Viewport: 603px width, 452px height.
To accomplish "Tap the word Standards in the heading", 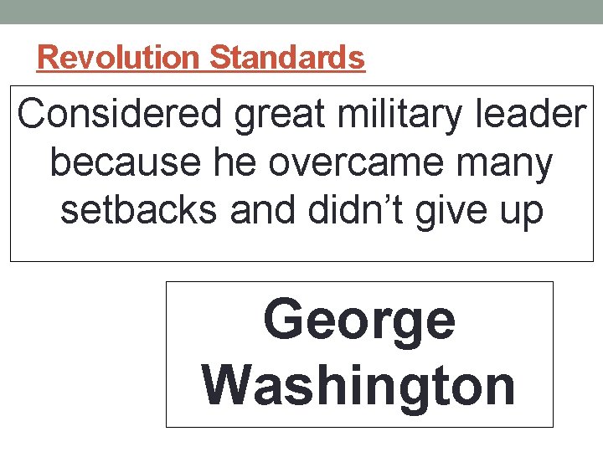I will tap(287, 58).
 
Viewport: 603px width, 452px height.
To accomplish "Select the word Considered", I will tap(121, 116).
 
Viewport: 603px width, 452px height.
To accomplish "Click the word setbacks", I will tap(142, 210).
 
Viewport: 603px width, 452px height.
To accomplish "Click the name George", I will tap(359, 321).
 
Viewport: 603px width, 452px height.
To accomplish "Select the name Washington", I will tap(359, 385).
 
